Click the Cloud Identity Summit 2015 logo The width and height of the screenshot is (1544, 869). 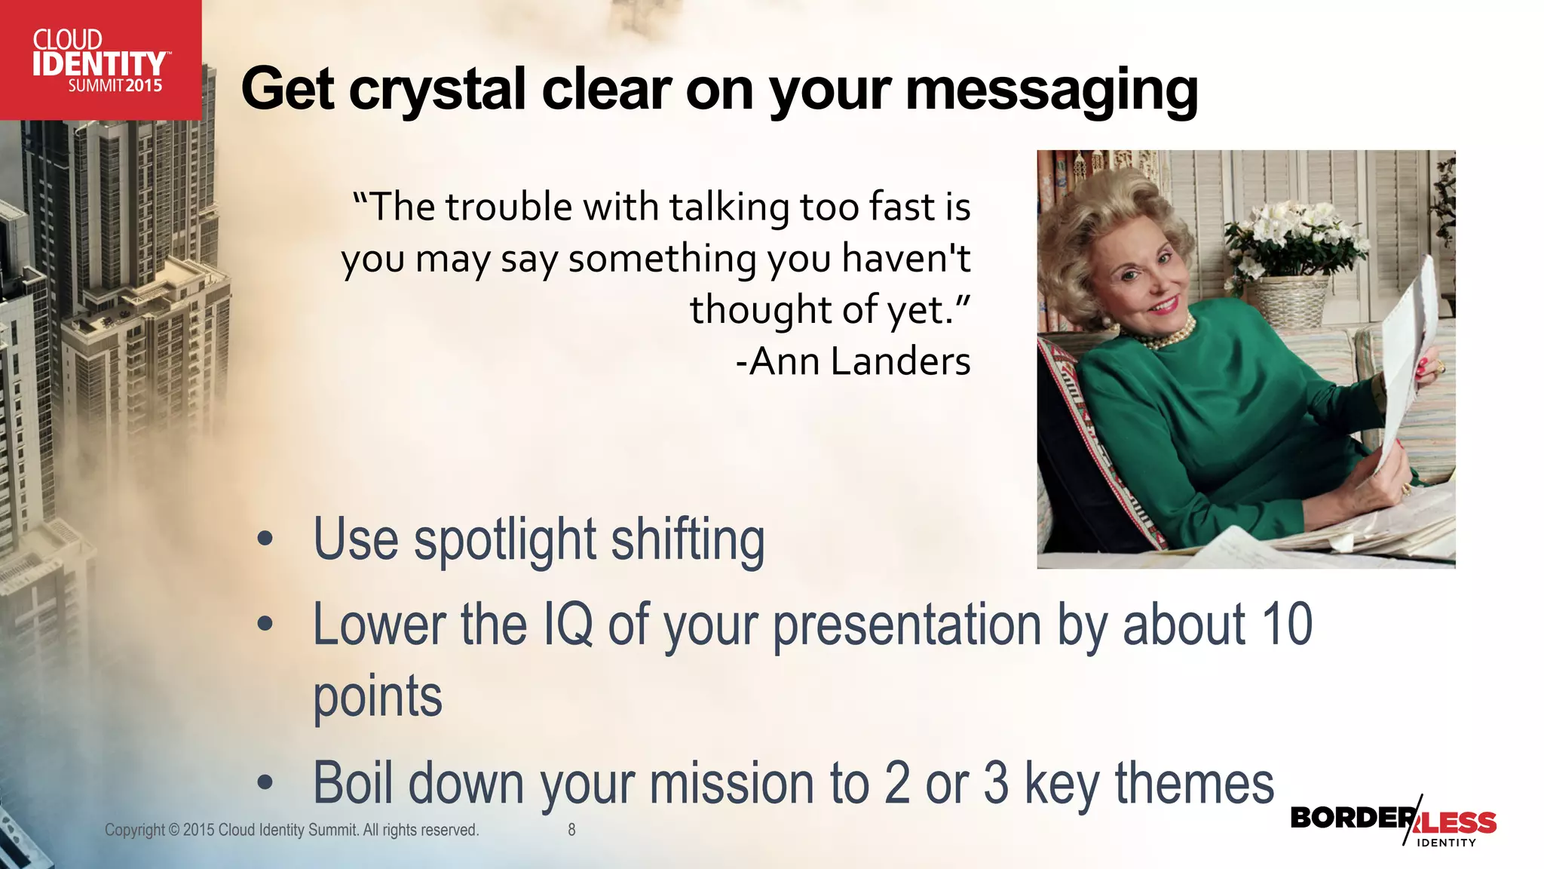click(x=100, y=60)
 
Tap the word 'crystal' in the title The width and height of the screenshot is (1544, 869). click(x=437, y=91)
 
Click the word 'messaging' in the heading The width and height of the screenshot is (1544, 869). click(x=1051, y=91)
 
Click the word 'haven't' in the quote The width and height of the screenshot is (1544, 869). click(x=906, y=259)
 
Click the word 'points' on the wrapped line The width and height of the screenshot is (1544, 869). click(x=378, y=697)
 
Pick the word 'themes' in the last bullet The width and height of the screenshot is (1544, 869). click(x=1194, y=784)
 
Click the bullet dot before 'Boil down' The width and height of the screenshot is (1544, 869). click(x=265, y=783)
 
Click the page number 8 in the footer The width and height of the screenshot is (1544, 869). click(x=571, y=830)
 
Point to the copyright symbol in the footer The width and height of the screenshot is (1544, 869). click(x=174, y=830)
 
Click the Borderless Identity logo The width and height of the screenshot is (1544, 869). click(x=1393, y=822)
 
